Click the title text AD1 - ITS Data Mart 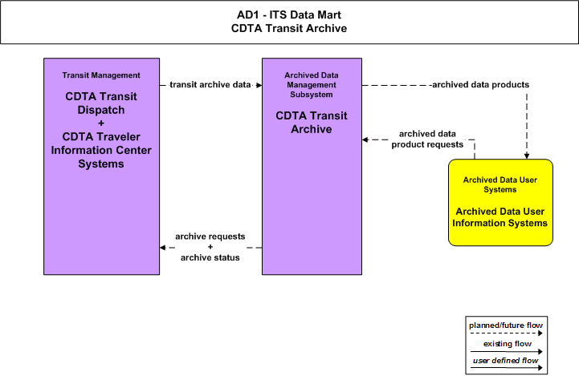pos(289,14)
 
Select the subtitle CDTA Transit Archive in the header pos(289,28)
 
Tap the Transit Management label pos(101,75)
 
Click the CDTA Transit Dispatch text pos(101,103)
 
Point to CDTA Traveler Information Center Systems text pos(101,151)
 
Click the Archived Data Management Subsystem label pos(312,85)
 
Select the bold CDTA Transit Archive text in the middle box pos(312,123)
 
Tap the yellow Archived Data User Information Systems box pos(500,202)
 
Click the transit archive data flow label pos(210,85)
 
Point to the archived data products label pos(480,85)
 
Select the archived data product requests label pos(427,139)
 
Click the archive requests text pos(210,237)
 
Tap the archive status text pos(210,257)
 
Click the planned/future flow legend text pos(506,325)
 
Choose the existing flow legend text pos(508,344)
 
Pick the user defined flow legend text pos(505,361)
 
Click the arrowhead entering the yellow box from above pos(527,156)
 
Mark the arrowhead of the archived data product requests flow pos(365,139)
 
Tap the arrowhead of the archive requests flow pos(162,248)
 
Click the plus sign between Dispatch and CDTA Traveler pos(101,123)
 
